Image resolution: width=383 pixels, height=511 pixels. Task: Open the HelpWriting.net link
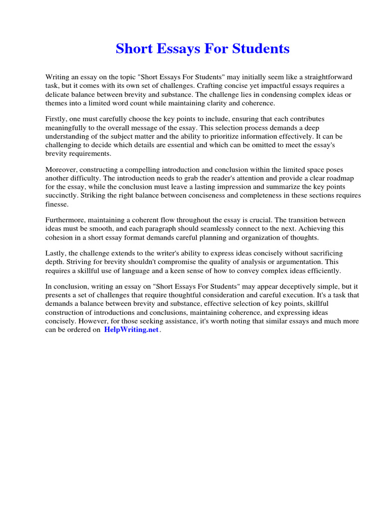[x=131, y=330]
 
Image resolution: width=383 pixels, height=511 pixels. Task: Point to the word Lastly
[x=56, y=254]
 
